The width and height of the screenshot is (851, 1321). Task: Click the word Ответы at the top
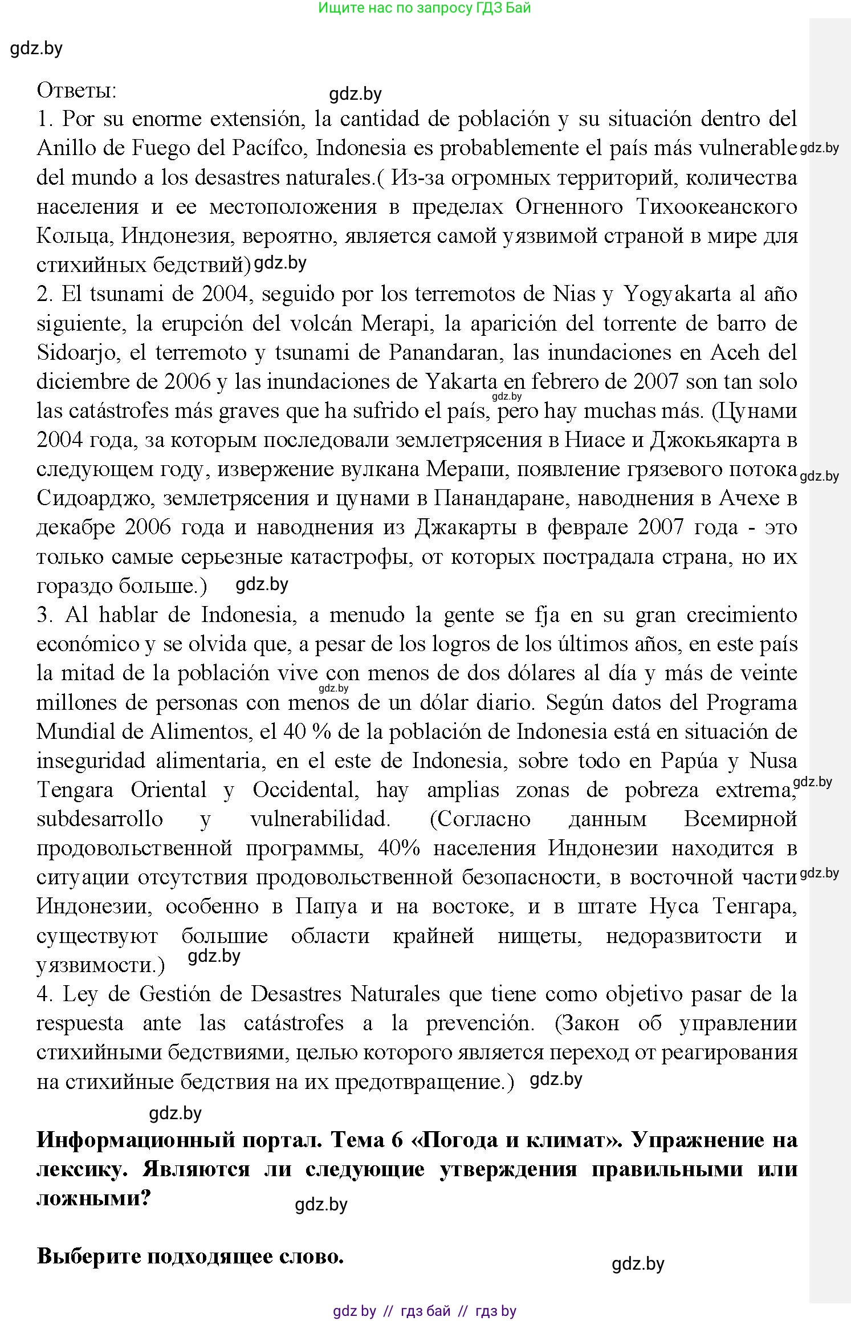(76, 90)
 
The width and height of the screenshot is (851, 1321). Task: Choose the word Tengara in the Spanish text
(75, 790)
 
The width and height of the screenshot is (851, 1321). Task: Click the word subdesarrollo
(100, 819)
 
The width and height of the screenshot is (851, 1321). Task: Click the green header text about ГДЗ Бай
(425, 8)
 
